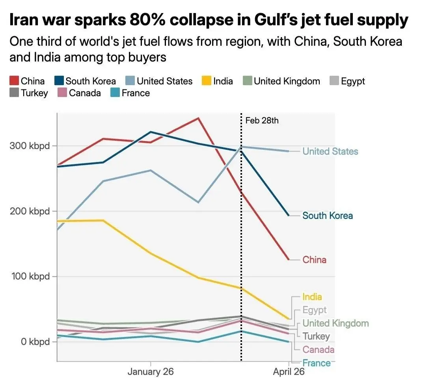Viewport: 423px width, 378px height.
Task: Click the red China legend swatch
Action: (14, 81)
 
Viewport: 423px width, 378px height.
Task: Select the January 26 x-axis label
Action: (151, 371)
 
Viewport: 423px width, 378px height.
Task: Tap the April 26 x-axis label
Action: (289, 371)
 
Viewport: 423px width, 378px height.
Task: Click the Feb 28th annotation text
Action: (262, 120)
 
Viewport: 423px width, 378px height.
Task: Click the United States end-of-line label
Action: (330, 151)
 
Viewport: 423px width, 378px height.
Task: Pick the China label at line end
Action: (314, 260)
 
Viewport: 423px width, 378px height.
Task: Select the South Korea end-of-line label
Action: (327, 216)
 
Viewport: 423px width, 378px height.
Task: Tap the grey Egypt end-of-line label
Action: (315, 310)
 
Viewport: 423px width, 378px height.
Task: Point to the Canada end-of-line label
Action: (318, 350)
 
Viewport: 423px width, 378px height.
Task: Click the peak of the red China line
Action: (198, 118)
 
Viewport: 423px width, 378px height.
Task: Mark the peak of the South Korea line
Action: (151, 132)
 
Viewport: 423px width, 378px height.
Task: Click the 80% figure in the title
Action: (148, 20)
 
